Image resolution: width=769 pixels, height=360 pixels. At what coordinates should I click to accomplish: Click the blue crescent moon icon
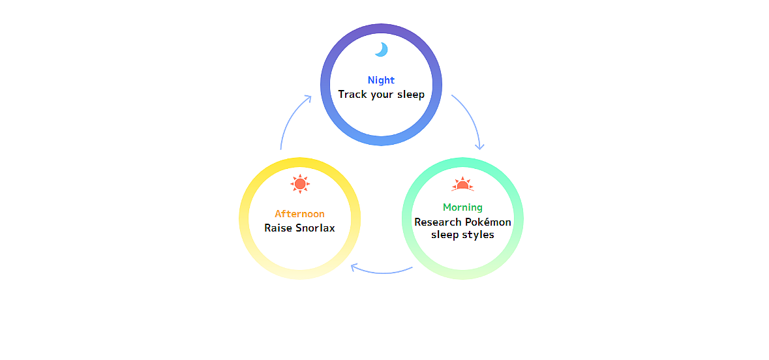(382, 50)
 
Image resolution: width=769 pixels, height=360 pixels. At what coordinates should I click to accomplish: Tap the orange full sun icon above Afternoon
(300, 184)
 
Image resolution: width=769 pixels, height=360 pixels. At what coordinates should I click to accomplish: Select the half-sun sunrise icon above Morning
(462, 185)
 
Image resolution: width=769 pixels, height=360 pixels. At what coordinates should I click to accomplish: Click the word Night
(381, 80)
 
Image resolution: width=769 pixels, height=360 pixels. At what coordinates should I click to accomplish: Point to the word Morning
(462, 207)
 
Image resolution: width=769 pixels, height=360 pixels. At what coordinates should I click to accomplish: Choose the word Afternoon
(299, 214)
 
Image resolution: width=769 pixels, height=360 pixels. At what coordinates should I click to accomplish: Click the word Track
(352, 95)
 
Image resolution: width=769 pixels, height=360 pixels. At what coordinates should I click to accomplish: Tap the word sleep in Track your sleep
(409, 95)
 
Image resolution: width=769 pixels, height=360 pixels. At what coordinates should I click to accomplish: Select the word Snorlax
(315, 228)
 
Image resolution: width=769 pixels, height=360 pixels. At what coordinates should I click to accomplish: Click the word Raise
(277, 228)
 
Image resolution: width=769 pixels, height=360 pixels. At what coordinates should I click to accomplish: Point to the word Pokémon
(489, 222)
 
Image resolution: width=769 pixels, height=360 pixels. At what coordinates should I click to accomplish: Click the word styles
(479, 235)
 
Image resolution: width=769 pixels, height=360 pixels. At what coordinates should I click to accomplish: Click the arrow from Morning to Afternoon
(382, 271)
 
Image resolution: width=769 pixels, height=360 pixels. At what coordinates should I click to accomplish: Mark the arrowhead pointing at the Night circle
(307, 99)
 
